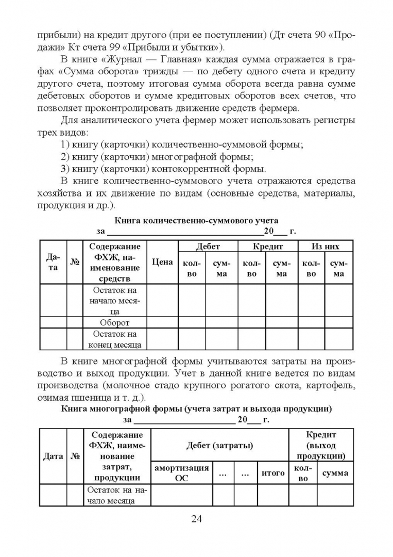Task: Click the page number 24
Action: (196, 518)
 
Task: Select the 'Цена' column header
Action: (163, 262)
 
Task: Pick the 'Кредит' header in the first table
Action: (266, 247)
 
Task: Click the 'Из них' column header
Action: (325, 247)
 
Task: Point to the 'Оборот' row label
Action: (115, 322)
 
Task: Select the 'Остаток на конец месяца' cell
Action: (115, 339)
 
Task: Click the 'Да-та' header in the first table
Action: (53, 262)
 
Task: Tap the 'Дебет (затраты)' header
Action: (219, 445)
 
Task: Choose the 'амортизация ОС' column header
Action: (182, 473)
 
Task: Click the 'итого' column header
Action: (273, 473)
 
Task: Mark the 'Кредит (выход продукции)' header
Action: (321, 445)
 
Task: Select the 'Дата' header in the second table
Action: (53, 456)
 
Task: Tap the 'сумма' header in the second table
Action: (335, 473)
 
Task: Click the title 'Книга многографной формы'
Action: (196, 409)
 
